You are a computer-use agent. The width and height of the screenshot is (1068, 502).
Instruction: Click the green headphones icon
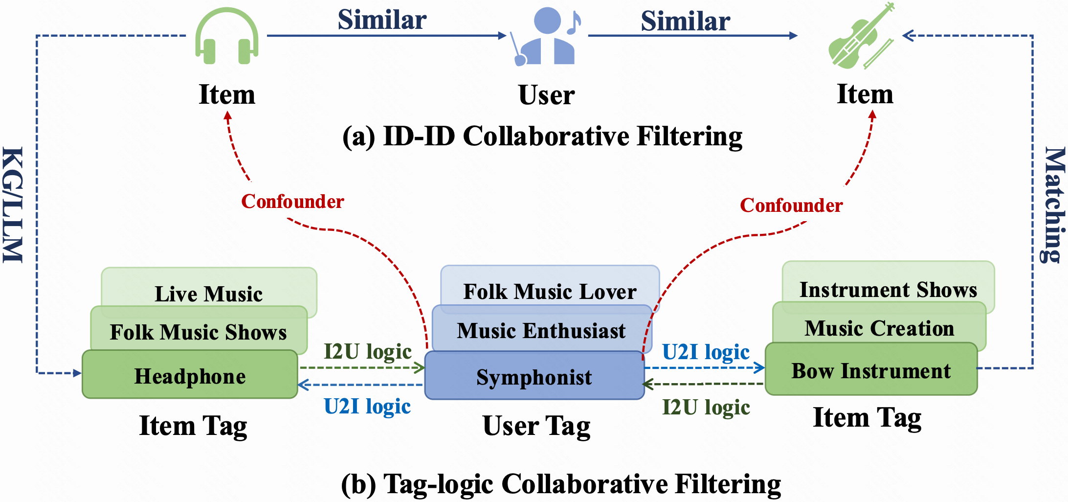pyautogui.click(x=227, y=37)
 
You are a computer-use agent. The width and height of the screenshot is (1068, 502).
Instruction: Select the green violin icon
pyautogui.click(x=861, y=37)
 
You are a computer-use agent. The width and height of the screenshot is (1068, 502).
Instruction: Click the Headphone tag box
pyautogui.click(x=190, y=376)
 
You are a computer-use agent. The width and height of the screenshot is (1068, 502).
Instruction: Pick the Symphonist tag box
pyautogui.click(x=534, y=377)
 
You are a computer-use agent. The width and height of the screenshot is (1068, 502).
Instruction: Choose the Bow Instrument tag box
pyautogui.click(x=871, y=370)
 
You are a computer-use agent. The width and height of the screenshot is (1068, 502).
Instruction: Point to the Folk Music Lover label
pyautogui.click(x=550, y=291)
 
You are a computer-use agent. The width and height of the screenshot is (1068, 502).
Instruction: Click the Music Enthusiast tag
pyautogui.click(x=541, y=330)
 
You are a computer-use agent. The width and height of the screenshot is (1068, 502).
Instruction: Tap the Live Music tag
pyautogui.click(x=209, y=294)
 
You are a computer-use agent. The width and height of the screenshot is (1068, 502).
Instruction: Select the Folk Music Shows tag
pyautogui.click(x=198, y=332)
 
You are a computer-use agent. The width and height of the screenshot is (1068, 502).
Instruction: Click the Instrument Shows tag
pyautogui.click(x=888, y=289)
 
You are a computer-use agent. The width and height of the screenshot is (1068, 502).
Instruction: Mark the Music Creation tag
pyautogui.click(x=879, y=328)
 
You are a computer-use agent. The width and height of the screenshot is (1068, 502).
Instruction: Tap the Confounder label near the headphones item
pyautogui.click(x=292, y=201)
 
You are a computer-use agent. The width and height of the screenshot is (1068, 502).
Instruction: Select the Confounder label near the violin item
pyautogui.click(x=791, y=205)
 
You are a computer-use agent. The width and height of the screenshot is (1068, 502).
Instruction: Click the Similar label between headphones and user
pyautogui.click(x=382, y=20)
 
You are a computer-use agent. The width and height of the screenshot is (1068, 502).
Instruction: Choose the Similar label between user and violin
pyautogui.click(x=686, y=21)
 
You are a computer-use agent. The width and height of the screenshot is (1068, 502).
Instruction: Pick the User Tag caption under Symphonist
pyautogui.click(x=536, y=425)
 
